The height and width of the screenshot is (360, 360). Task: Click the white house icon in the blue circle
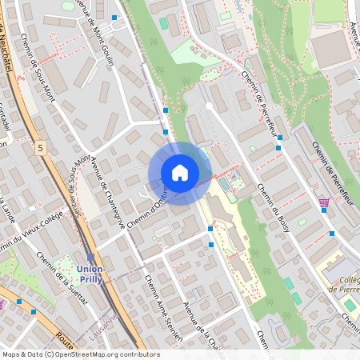(180, 172)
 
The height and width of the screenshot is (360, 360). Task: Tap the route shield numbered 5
(41, 148)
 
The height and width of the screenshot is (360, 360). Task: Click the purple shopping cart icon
(324, 203)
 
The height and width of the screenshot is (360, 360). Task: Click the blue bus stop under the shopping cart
(332, 234)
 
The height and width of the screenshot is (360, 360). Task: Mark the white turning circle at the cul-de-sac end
(210, 106)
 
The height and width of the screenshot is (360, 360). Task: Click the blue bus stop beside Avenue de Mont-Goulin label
(114, 17)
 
